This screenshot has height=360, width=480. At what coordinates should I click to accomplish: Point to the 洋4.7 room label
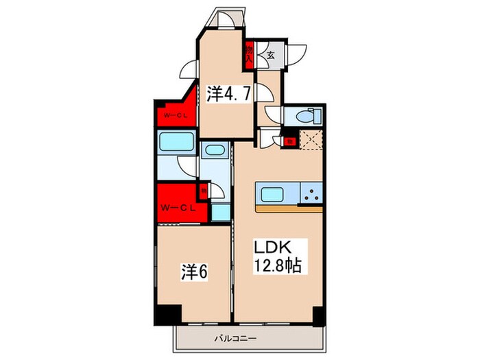click(224, 94)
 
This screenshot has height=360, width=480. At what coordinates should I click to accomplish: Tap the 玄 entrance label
click(272, 56)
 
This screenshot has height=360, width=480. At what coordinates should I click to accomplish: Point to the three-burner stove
click(310, 194)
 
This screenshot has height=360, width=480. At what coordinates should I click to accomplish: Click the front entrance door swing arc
click(297, 54)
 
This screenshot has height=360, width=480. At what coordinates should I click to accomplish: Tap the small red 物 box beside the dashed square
click(289, 141)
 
